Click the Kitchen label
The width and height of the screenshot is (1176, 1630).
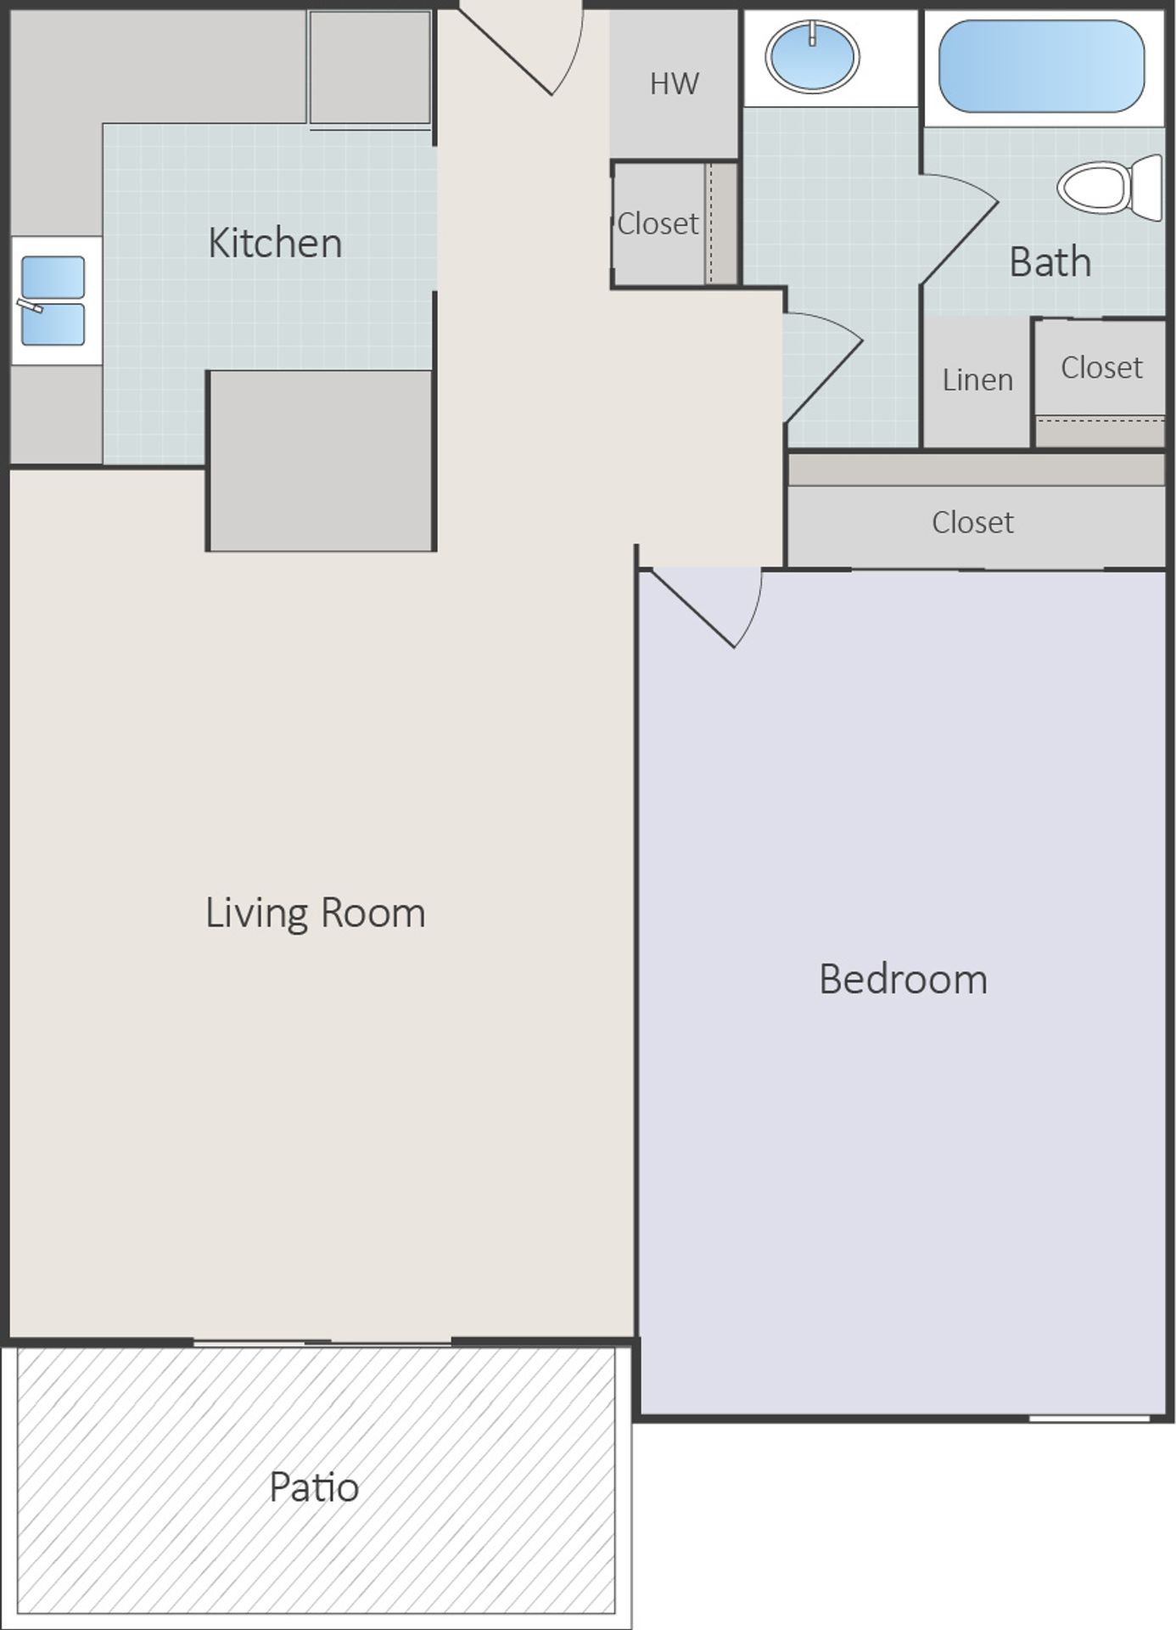pyautogui.click(x=275, y=244)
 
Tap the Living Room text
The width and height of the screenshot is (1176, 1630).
pyautogui.click(x=315, y=913)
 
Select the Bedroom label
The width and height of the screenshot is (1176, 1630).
pyautogui.click(x=903, y=980)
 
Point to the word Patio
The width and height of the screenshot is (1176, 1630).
pyautogui.click(x=314, y=1487)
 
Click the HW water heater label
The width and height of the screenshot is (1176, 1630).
pyautogui.click(x=675, y=83)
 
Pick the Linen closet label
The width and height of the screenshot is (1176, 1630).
pyautogui.click(x=977, y=379)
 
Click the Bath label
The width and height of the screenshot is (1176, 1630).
pyautogui.click(x=1050, y=261)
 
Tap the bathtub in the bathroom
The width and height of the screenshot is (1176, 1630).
pyautogui.click(x=1041, y=66)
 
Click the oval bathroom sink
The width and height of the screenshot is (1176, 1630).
pyautogui.click(x=812, y=57)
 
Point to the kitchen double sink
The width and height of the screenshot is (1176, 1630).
pyautogui.click(x=53, y=301)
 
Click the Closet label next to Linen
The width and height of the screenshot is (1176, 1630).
pyautogui.click(x=1101, y=368)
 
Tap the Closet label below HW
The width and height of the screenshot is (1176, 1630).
pyautogui.click(x=658, y=223)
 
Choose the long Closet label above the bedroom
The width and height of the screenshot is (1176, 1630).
pyautogui.click(x=972, y=522)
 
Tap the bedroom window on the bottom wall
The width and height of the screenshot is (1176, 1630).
pyautogui.click(x=1089, y=1418)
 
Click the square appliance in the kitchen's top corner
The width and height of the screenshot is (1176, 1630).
pyautogui.click(x=370, y=68)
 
